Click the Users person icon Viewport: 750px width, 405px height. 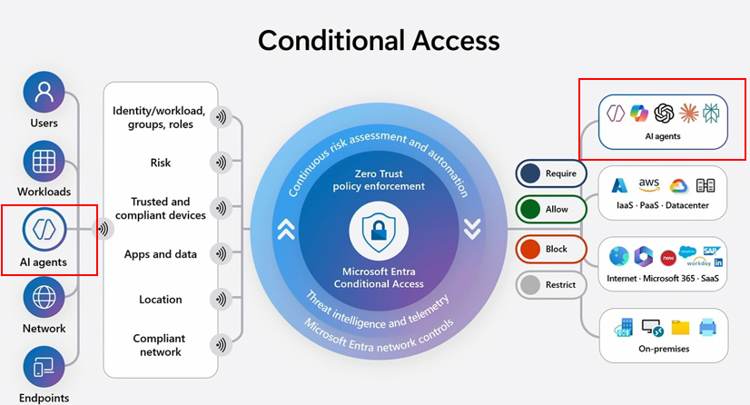[44, 92]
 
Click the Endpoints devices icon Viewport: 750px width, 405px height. [44, 367]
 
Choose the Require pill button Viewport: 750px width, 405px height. [551, 173]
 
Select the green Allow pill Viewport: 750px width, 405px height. [551, 210]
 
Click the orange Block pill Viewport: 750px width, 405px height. [551, 247]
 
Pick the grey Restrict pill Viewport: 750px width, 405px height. [551, 285]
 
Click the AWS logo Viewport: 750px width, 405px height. [648, 184]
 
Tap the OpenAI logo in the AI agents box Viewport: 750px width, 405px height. [664, 113]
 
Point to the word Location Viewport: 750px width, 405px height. [161, 300]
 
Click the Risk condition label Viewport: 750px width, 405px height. [161, 163]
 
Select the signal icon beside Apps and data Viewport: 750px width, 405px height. [219, 254]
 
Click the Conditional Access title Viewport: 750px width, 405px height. [379, 40]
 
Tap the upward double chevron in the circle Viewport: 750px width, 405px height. [286, 230]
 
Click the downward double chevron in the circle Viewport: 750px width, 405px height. [471, 230]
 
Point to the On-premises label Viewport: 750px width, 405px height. [663, 349]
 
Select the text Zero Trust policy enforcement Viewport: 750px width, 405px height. [378, 179]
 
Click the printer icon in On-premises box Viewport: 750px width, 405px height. [707, 327]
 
